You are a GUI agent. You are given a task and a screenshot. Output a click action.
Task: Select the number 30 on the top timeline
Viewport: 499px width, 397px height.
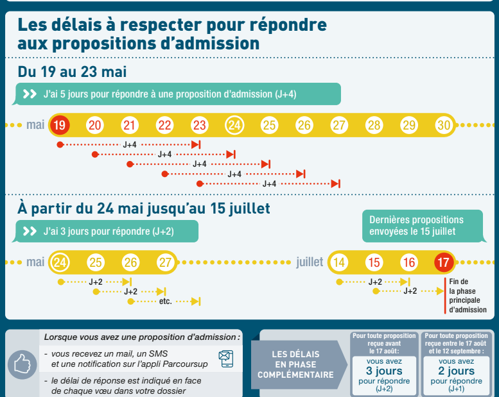pyautogui.click(x=444, y=125)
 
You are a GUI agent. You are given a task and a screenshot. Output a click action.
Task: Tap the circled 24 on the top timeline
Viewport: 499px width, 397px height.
pyautogui.click(x=234, y=125)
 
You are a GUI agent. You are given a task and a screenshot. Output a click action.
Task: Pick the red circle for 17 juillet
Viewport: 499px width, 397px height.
pyautogui.click(x=443, y=262)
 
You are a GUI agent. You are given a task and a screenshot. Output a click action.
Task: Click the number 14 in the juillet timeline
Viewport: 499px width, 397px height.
pyautogui.click(x=339, y=262)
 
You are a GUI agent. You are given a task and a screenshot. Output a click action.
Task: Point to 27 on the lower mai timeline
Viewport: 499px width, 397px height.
pyautogui.click(x=166, y=262)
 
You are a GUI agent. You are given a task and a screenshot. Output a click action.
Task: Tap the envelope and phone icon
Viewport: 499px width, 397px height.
pyautogui.click(x=225, y=359)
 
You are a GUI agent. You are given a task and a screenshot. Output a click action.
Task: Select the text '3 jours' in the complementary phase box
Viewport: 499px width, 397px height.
pyautogui.click(x=384, y=371)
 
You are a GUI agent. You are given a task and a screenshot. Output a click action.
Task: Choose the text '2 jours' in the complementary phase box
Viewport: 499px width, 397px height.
pyautogui.click(x=457, y=371)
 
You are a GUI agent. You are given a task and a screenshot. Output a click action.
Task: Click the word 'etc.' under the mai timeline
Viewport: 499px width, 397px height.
pyautogui.click(x=165, y=301)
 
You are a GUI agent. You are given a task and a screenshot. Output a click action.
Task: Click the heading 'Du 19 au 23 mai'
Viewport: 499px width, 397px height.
pyautogui.click(x=72, y=71)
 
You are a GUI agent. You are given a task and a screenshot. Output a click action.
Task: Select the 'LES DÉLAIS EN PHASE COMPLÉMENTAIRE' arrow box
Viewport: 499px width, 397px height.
pyautogui.click(x=295, y=364)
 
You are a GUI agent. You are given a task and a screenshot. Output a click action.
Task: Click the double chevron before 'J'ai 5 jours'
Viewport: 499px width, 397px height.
pyautogui.click(x=30, y=94)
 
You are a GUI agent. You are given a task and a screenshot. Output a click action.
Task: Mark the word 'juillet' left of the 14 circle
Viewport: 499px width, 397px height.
pyautogui.click(x=310, y=262)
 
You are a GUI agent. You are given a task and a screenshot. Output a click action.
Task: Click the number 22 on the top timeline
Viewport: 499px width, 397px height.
pyautogui.click(x=165, y=125)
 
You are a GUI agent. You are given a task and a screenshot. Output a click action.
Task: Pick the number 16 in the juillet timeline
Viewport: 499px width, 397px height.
pyautogui.click(x=408, y=262)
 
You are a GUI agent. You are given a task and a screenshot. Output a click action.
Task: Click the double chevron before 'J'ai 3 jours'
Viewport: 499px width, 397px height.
pyautogui.click(x=30, y=231)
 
